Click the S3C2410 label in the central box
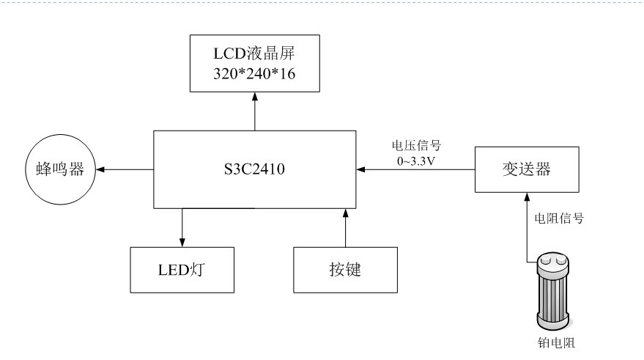[x=254, y=170]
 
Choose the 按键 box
[x=344, y=268]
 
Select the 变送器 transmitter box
[x=525, y=170]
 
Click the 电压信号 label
[x=417, y=145]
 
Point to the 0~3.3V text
[x=417, y=159]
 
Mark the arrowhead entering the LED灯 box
[x=182, y=243]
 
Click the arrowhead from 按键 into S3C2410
[x=344, y=213]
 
